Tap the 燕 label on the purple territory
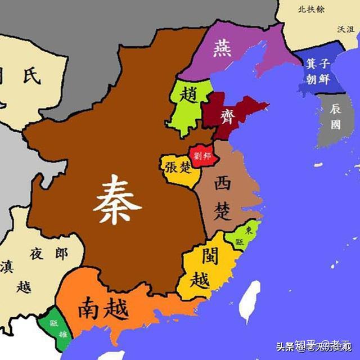(222, 49)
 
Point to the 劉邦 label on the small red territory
(202, 156)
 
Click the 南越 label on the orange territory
(103, 307)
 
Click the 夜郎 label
(49, 254)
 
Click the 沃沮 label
(345, 29)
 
